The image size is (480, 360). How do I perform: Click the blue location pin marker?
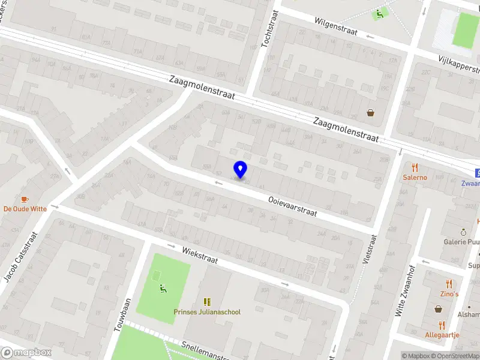pos(241,170)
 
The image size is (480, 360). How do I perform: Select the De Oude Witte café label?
pos(25,209)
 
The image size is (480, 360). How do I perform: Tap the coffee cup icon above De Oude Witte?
pos(25,199)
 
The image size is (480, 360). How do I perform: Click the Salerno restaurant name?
pos(415,178)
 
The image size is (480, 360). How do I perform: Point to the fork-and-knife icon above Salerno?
pos(415,167)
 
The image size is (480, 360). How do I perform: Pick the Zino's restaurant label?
pos(449,294)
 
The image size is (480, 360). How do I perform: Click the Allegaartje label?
pos(442,335)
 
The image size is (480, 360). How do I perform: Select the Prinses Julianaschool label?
pos(207,312)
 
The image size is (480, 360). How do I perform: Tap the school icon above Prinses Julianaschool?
pos(207,302)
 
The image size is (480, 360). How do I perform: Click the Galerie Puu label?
pos(462,242)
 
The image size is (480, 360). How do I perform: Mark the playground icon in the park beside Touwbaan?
pos(162,289)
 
